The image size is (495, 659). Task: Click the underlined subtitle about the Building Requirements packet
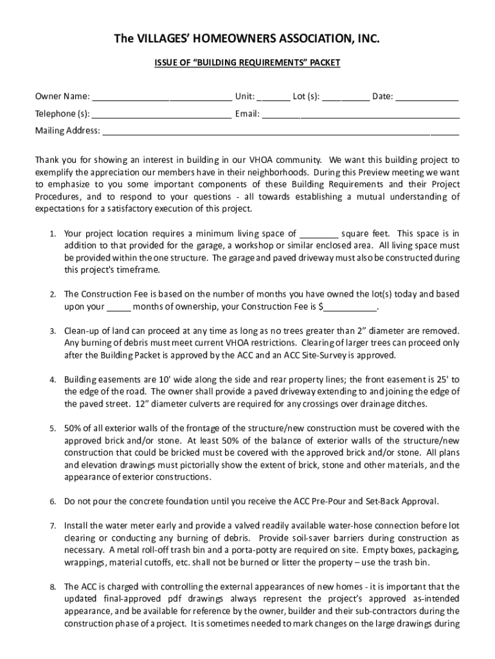(x=247, y=63)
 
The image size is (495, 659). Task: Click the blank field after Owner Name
(x=161, y=98)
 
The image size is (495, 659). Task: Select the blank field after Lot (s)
(x=345, y=98)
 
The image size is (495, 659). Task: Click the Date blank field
(x=427, y=98)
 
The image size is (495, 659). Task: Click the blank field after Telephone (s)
(x=161, y=115)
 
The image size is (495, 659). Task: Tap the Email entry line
(x=361, y=115)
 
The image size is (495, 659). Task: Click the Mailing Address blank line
(x=281, y=131)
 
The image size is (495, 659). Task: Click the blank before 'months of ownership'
(x=119, y=307)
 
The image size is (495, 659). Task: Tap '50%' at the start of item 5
(x=71, y=429)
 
